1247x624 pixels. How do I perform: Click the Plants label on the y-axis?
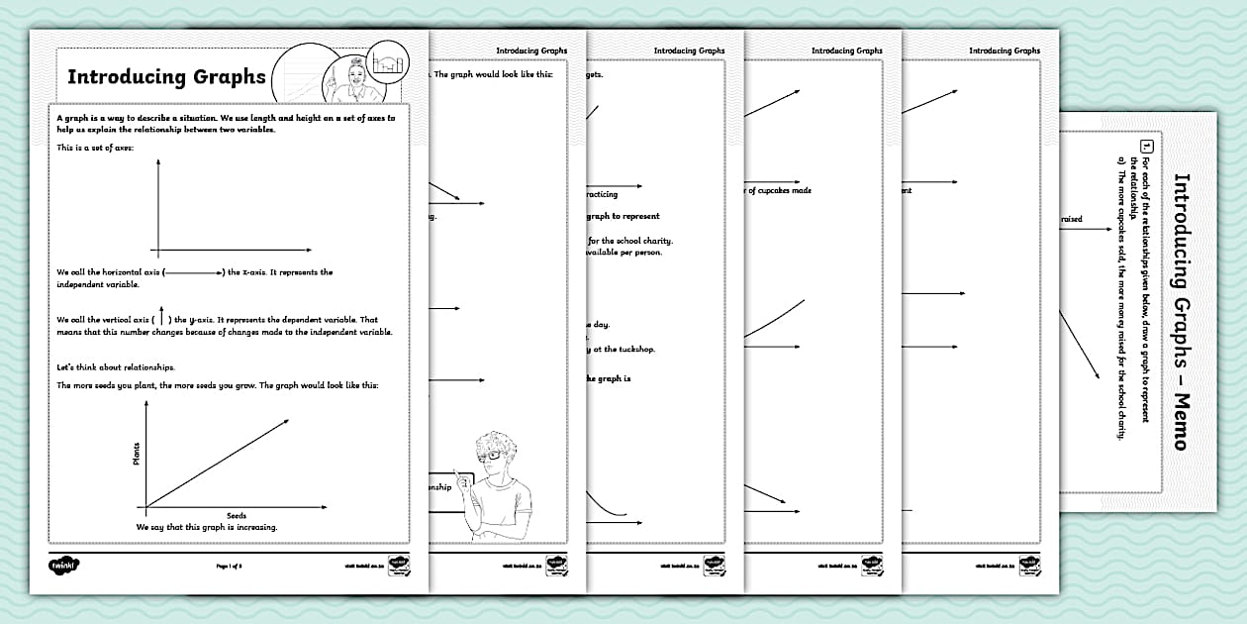[136, 455]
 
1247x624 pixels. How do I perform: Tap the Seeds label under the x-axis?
[237, 516]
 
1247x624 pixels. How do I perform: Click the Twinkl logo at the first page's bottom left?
[64, 565]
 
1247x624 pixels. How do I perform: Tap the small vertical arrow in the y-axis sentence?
[161, 319]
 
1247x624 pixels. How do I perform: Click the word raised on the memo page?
[1071, 219]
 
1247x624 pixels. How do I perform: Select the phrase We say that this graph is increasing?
[207, 527]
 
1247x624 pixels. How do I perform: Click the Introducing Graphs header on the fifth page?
[1004, 51]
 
